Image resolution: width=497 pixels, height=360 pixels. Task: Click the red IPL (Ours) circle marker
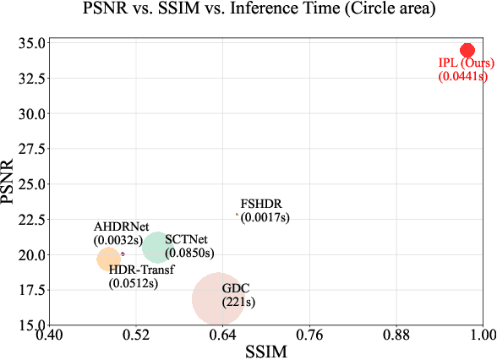467,51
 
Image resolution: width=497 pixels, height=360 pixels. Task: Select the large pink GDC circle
219,298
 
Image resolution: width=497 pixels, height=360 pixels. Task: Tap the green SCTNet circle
157,247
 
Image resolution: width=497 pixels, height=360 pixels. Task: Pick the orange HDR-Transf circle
108,259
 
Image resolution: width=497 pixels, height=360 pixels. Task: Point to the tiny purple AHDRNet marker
123,254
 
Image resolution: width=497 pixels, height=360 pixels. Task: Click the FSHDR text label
261,205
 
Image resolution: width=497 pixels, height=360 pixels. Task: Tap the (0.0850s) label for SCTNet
190,252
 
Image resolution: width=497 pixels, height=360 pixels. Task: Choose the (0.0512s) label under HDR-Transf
134,283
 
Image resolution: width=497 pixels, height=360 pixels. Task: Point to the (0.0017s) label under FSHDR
265,217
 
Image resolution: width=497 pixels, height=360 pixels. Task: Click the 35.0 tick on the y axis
29,43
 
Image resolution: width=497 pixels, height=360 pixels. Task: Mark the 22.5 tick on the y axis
29,219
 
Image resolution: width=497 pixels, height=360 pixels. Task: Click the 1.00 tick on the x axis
482,335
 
